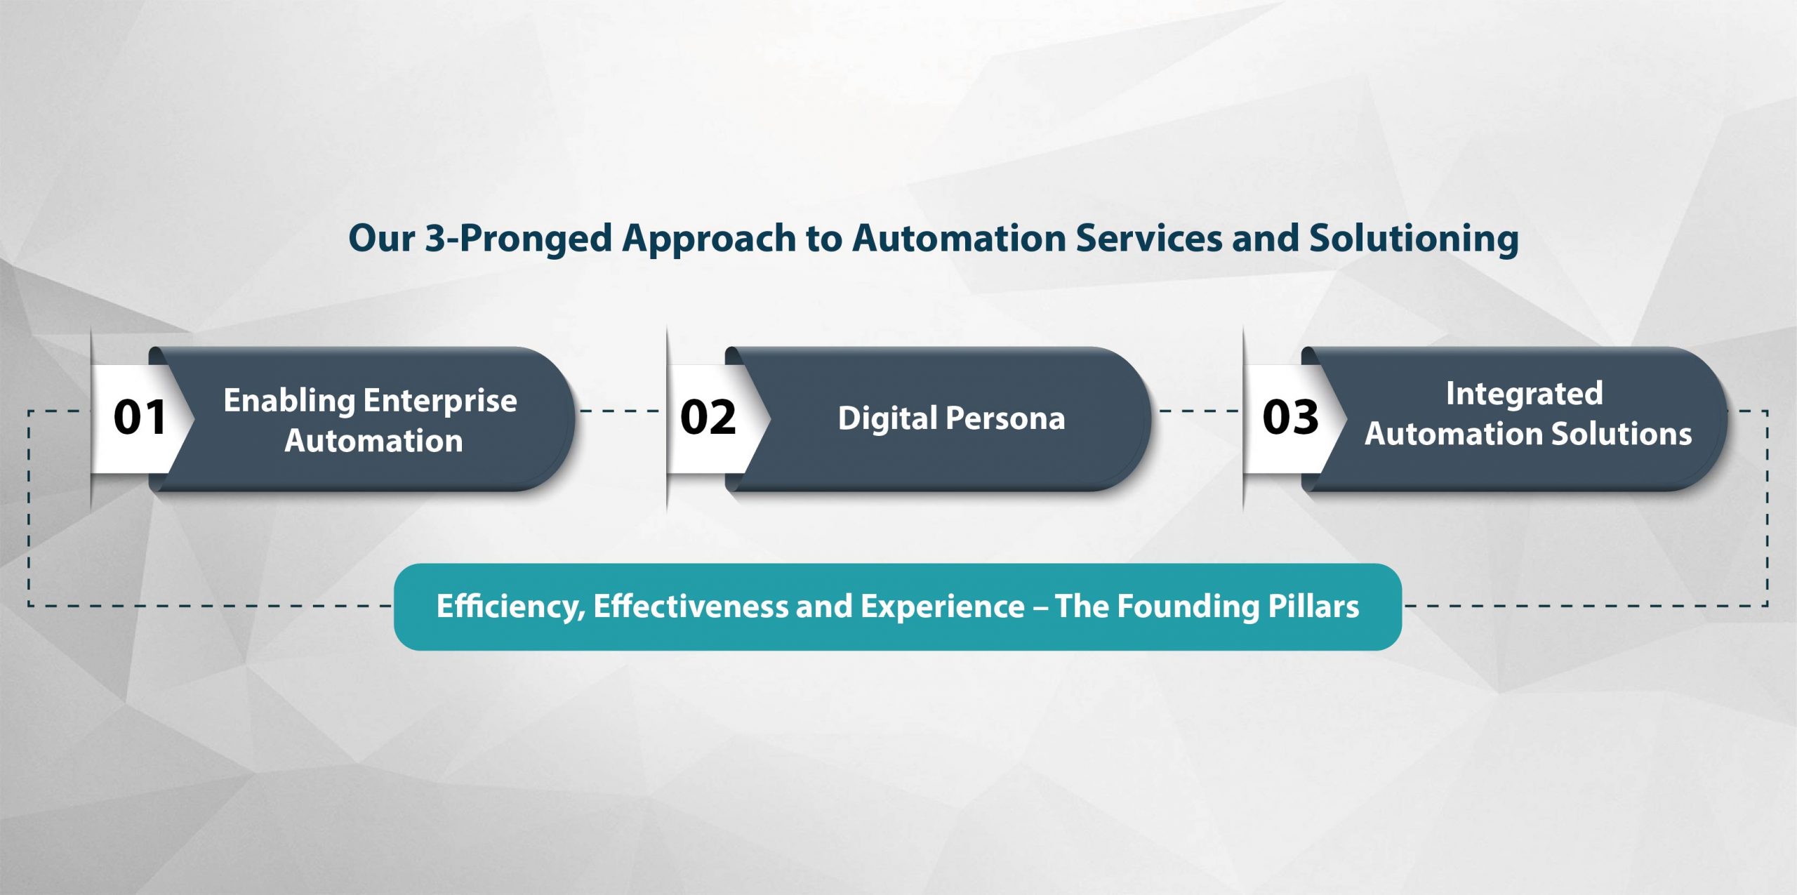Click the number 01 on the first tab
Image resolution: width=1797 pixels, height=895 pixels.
[x=140, y=417]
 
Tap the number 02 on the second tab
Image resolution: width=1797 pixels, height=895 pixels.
[x=708, y=417]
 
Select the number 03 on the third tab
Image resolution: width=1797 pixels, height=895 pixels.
[x=1290, y=417]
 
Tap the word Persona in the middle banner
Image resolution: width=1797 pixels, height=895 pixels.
[x=1005, y=418]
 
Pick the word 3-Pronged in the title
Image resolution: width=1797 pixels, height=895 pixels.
[x=519, y=239]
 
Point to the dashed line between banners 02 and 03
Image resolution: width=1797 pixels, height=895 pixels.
[x=1199, y=411]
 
